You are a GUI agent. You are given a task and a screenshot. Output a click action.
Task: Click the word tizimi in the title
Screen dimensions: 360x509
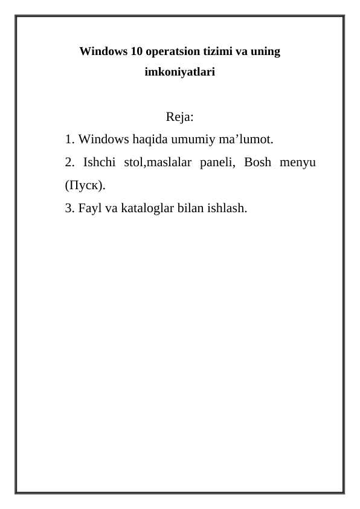212,51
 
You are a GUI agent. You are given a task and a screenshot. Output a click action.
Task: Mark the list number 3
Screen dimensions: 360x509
68,209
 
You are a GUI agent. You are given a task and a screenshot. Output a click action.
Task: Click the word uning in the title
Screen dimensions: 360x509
266,51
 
